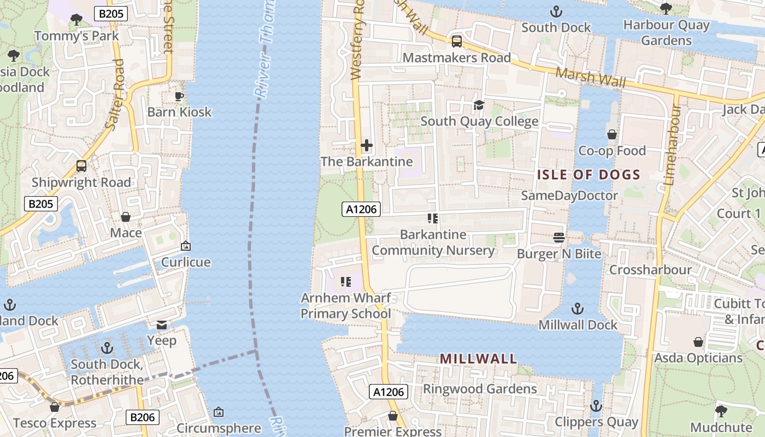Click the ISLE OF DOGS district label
click(x=589, y=175)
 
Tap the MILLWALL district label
click(x=478, y=359)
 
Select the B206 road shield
click(x=143, y=417)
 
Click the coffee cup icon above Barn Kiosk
click(x=179, y=97)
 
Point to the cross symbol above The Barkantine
click(x=367, y=145)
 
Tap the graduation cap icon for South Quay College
click(x=479, y=105)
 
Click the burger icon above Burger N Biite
click(x=558, y=238)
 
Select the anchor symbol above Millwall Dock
click(x=577, y=309)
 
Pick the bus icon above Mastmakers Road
click(x=456, y=41)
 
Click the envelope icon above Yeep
click(x=162, y=325)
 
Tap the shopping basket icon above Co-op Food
click(x=612, y=134)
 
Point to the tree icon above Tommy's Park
click(x=76, y=20)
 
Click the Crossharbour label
click(x=650, y=270)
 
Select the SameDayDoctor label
click(x=569, y=196)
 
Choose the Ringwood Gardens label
click(x=480, y=389)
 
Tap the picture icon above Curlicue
click(x=185, y=246)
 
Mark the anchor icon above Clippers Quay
click(x=596, y=406)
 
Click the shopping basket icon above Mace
click(x=126, y=217)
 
